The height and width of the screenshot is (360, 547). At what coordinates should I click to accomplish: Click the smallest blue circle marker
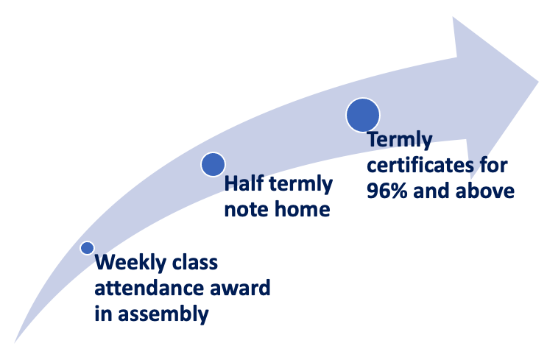87,248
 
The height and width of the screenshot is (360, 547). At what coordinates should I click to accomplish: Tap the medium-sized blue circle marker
213,164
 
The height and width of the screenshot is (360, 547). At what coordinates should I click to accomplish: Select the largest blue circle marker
363,115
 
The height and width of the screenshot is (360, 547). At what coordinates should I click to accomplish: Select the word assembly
163,314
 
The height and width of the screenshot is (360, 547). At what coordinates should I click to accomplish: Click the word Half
244,183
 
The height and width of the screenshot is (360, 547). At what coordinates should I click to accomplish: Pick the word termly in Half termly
300,184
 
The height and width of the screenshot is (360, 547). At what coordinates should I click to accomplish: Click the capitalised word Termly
400,140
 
